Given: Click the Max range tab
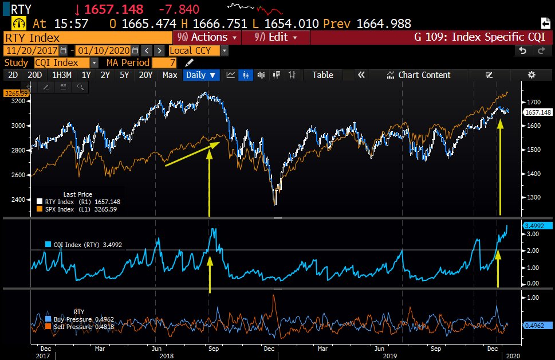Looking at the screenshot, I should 170,75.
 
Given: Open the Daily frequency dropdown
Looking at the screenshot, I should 201,75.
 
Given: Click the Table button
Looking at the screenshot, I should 322,75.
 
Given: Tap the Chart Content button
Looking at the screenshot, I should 419,75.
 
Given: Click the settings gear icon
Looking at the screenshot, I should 531,75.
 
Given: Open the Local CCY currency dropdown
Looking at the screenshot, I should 198,50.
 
